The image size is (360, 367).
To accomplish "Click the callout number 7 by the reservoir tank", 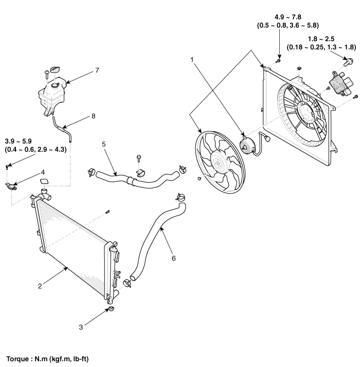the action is (x=97, y=70).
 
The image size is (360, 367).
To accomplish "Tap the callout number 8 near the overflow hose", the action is (x=93, y=116).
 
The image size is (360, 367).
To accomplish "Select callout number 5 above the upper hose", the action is (x=104, y=144).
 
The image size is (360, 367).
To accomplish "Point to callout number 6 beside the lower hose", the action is (x=173, y=258).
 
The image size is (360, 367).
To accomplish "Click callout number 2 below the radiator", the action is (x=40, y=286).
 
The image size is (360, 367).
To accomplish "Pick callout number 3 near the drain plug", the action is (x=81, y=327).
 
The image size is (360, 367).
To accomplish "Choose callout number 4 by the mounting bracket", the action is (x=43, y=172).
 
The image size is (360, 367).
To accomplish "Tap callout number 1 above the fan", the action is (x=192, y=60).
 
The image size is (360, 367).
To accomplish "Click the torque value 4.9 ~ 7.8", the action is (x=287, y=17).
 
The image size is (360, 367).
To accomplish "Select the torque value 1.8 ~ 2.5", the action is (x=321, y=39).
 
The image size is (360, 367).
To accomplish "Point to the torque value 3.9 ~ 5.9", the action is (x=18, y=142).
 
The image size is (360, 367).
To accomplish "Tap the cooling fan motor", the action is (x=248, y=145).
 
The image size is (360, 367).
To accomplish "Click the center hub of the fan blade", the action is (x=218, y=163).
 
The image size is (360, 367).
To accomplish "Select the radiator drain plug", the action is (x=112, y=309).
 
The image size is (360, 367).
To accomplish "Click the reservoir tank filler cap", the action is (x=56, y=70).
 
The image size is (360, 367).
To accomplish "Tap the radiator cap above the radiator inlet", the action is (x=44, y=182).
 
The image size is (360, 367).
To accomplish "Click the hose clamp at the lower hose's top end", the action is (x=181, y=197).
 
